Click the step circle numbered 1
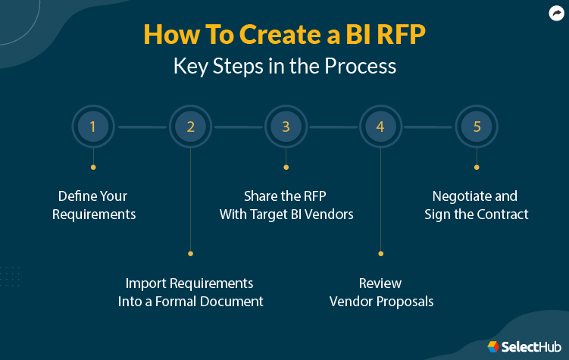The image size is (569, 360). (x=93, y=127)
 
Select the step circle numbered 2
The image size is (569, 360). (x=190, y=127)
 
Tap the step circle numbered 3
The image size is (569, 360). (x=286, y=127)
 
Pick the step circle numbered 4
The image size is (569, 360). (x=380, y=127)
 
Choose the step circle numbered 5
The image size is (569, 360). (x=477, y=127)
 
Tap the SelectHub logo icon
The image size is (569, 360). (x=493, y=346)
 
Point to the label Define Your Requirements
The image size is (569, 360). (x=94, y=205)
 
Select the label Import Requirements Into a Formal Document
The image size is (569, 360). (x=190, y=292)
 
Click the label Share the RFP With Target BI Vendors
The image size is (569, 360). (x=286, y=205)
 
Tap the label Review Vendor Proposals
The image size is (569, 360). (x=380, y=292)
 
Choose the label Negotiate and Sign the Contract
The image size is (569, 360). (x=477, y=205)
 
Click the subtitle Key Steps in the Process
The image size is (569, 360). (x=284, y=66)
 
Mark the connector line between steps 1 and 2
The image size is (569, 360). (x=142, y=127)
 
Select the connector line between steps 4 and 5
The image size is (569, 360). (x=428, y=127)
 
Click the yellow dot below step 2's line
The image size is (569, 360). (x=190, y=253)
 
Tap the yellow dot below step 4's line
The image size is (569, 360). (x=380, y=253)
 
